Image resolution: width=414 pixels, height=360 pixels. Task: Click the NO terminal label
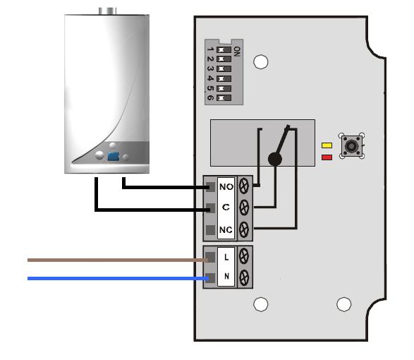pyautogui.click(x=226, y=187)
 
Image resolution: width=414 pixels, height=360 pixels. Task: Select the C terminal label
pyautogui.click(x=226, y=207)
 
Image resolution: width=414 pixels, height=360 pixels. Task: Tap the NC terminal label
pyautogui.click(x=226, y=229)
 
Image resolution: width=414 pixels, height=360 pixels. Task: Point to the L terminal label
pyautogui.click(x=226, y=257)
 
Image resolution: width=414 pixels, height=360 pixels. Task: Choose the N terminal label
pyautogui.click(x=226, y=276)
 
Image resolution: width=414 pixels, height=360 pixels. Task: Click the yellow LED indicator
pyautogui.click(x=327, y=145)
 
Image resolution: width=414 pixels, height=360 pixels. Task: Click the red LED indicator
pyautogui.click(x=327, y=157)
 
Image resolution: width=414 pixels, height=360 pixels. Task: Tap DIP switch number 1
pyautogui.click(x=224, y=49)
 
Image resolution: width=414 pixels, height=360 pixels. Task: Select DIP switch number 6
pyautogui.click(x=224, y=98)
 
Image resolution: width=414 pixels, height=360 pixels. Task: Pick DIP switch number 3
pyautogui.click(x=224, y=69)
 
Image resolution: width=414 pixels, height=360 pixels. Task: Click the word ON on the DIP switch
pyautogui.click(x=237, y=52)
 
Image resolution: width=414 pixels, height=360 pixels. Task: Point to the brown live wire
pyautogui.click(x=118, y=260)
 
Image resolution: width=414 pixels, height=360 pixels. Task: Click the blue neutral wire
pyautogui.click(x=118, y=278)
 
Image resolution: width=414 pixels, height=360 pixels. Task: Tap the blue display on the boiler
pyautogui.click(x=114, y=156)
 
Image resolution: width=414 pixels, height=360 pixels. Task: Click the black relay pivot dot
pyautogui.click(x=275, y=159)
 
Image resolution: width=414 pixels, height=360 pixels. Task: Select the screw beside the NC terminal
pyautogui.click(x=244, y=229)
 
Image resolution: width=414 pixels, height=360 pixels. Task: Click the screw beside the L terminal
pyautogui.click(x=244, y=256)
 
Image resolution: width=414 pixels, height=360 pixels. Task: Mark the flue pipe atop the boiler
pyautogui.click(x=107, y=11)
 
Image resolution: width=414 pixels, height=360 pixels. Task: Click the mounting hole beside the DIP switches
pyautogui.click(x=260, y=61)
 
